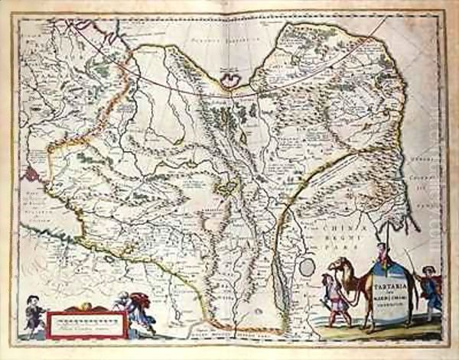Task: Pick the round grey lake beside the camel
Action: [x=306, y=268]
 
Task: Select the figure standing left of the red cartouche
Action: [x=34, y=312]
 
